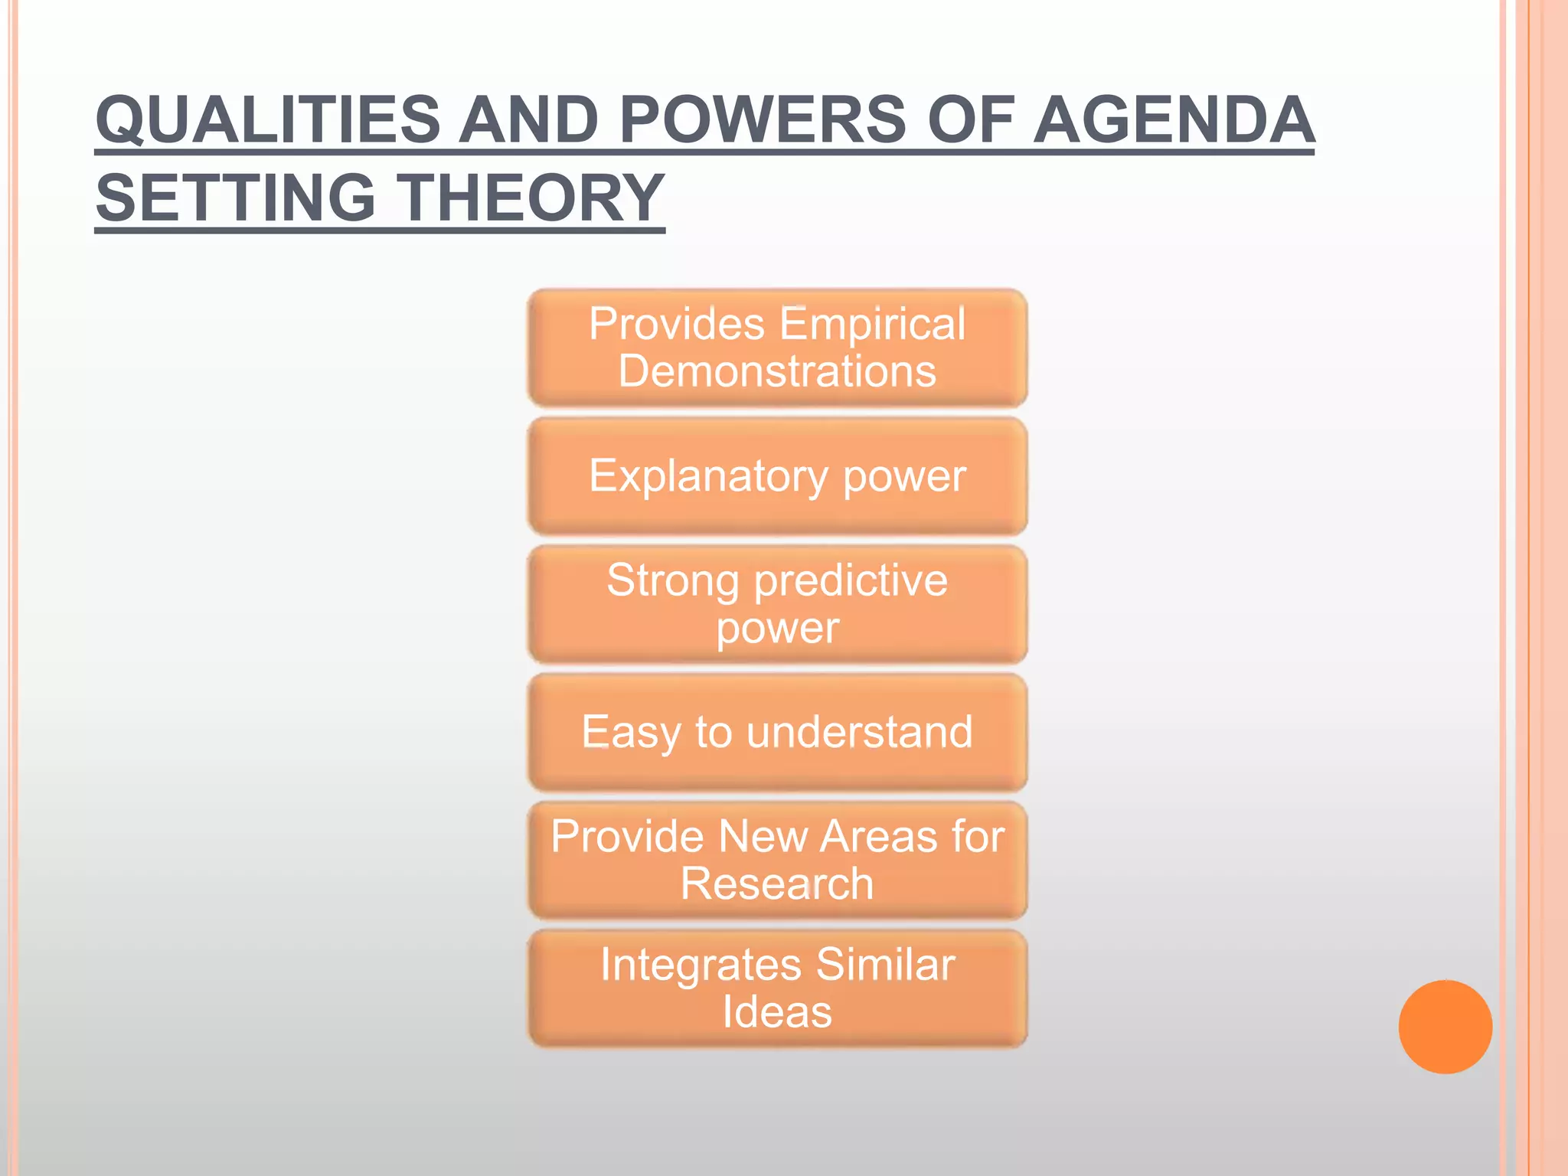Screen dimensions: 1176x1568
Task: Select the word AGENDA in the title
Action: tap(1173, 120)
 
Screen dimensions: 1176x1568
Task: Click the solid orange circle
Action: tap(1445, 1027)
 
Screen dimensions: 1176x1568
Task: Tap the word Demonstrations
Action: tap(776, 371)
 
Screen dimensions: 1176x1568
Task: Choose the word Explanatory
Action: tap(708, 476)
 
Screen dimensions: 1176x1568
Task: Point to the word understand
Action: tap(859, 732)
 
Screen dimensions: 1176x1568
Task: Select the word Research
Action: tap(776, 884)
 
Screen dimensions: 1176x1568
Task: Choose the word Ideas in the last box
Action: tap(776, 1012)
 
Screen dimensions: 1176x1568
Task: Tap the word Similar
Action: tap(885, 964)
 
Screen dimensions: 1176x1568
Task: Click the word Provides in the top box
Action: tap(676, 323)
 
